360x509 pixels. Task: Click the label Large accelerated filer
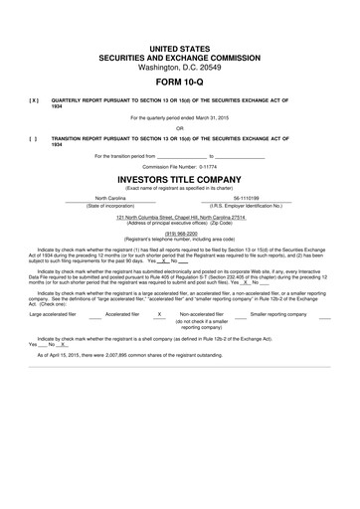pos(56,314)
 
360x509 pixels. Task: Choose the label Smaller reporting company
pos(279,314)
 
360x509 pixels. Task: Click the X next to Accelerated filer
pos(159,314)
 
